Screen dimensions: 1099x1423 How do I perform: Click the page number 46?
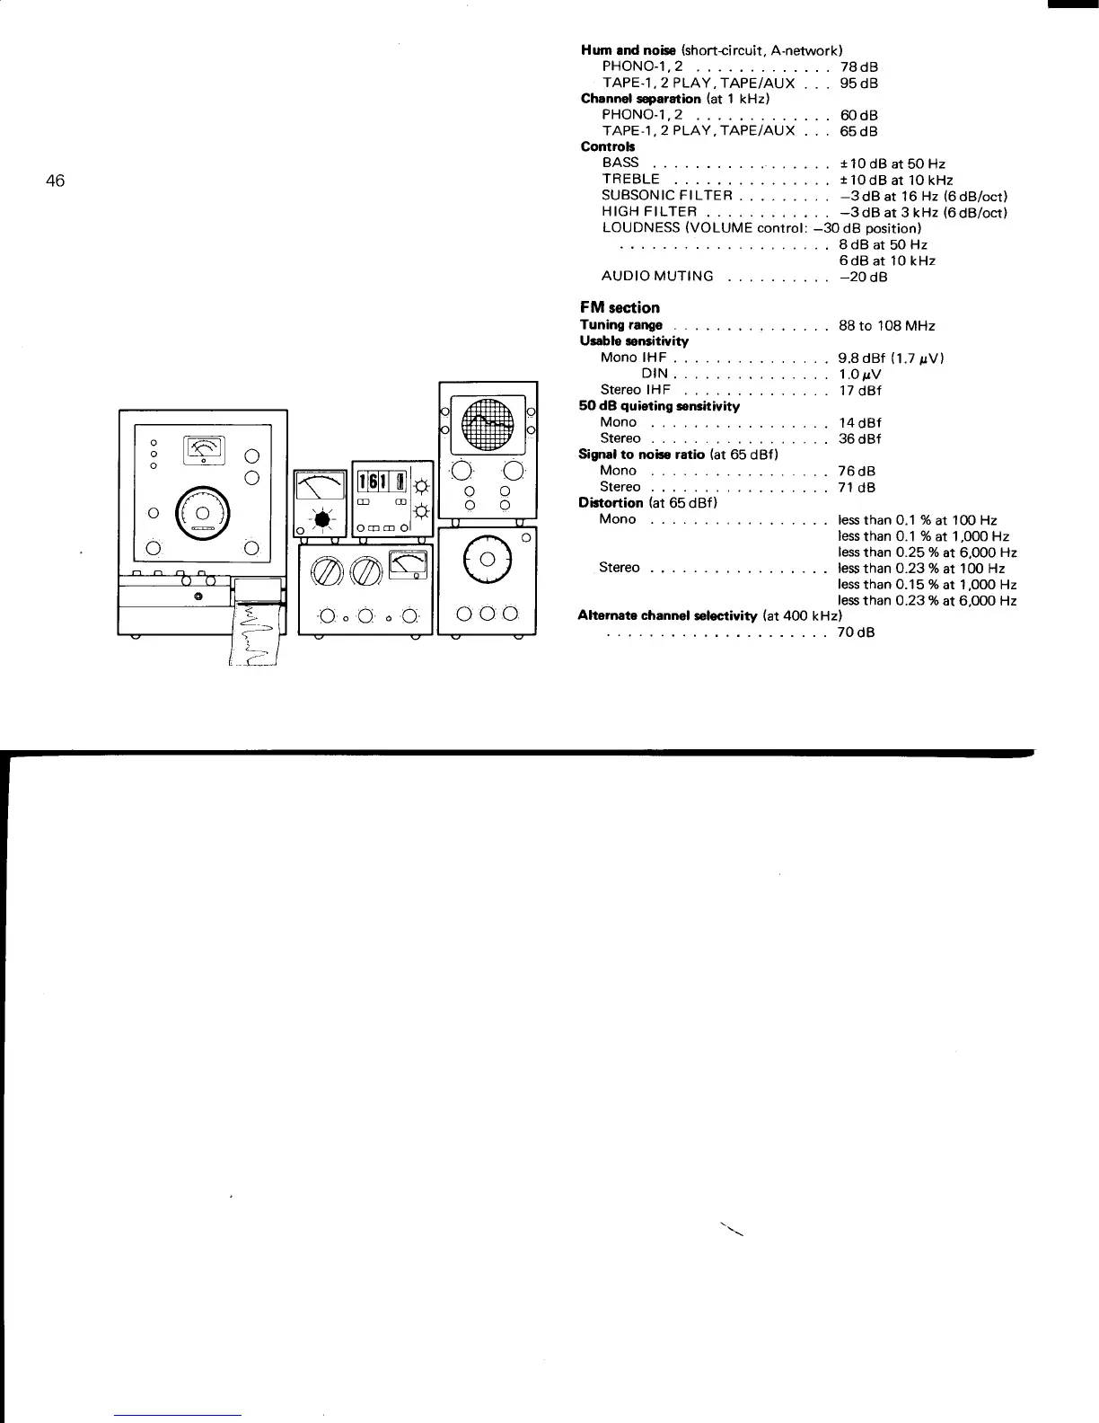tap(55, 181)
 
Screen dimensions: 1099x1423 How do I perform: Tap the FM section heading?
tap(620, 307)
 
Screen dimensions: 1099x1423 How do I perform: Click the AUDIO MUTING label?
tap(658, 276)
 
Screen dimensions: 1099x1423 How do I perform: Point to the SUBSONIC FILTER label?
tap(668, 195)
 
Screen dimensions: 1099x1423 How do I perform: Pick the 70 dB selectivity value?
tap(856, 632)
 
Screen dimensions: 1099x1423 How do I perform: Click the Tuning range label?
tap(621, 324)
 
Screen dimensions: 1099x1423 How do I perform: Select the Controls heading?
tap(608, 146)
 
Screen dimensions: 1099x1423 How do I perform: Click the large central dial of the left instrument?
tap(203, 515)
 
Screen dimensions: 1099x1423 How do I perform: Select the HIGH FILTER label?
tap(649, 211)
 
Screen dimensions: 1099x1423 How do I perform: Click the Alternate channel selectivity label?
tap(668, 615)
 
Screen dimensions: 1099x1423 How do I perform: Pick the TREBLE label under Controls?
tap(630, 179)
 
